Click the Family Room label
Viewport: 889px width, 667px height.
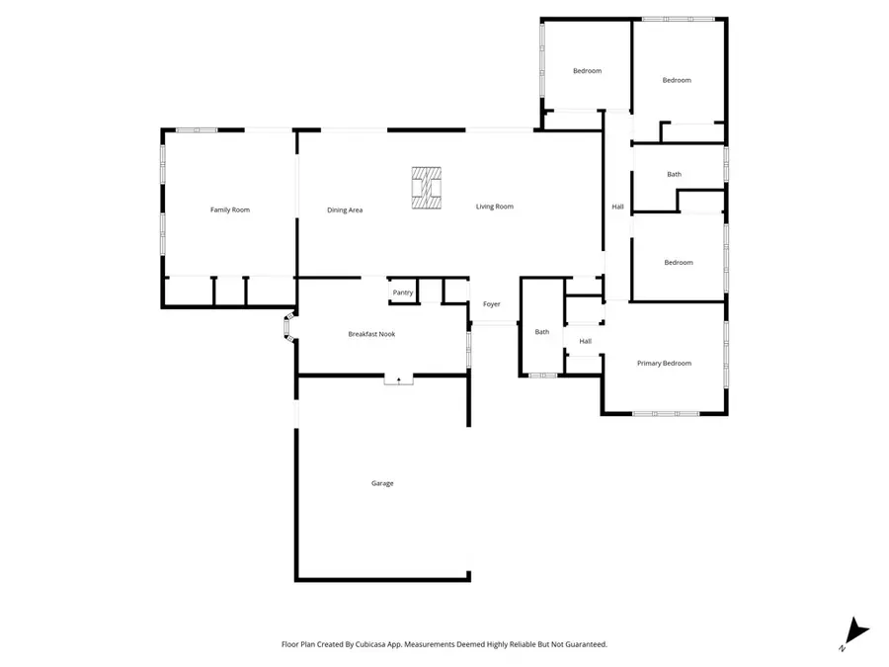coord(230,209)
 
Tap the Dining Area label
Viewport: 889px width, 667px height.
coord(346,209)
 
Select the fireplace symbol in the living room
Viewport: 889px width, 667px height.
coord(428,186)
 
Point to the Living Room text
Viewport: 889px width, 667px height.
coord(495,207)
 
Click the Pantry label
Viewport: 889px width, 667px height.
coord(403,292)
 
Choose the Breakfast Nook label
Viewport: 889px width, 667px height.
coord(371,334)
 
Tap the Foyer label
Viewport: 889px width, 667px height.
coord(492,304)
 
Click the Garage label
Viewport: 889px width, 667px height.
coord(382,483)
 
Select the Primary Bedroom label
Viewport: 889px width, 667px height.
coord(664,364)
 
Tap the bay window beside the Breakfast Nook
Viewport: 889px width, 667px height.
coord(289,329)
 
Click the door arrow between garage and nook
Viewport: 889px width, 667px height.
coord(399,377)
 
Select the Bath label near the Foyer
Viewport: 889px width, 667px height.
coord(542,332)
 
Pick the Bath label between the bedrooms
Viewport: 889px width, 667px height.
coord(675,175)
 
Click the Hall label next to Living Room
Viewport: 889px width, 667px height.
coord(617,207)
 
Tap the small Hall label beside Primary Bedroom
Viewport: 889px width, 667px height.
coord(586,342)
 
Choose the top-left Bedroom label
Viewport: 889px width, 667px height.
coord(588,71)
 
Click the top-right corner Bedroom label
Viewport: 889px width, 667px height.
coord(677,80)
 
